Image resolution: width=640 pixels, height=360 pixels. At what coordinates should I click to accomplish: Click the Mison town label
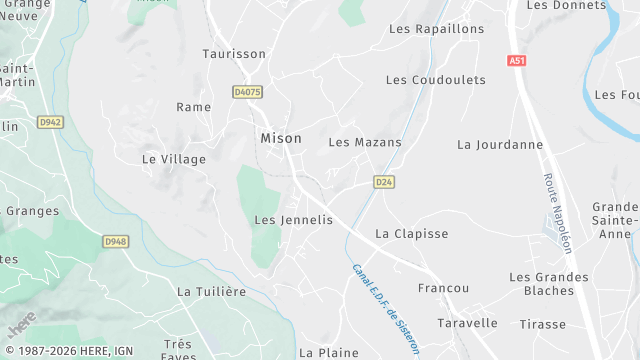pyautogui.click(x=281, y=139)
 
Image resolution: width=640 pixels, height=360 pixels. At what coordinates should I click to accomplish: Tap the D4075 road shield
pyautogui.click(x=247, y=92)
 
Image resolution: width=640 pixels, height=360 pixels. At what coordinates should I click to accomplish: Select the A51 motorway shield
pyautogui.click(x=516, y=61)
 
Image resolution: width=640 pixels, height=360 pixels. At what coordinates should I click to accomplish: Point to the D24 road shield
pyautogui.click(x=383, y=182)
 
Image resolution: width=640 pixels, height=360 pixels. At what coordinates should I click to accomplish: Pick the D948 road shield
pyautogui.click(x=116, y=241)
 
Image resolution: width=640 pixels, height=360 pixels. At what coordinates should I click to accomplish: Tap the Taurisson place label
pyautogui.click(x=234, y=54)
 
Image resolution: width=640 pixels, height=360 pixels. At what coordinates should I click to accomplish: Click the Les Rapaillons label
pyautogui.click(x=436, y=29)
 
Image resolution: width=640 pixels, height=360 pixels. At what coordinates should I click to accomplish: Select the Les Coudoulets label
pyautogui.click(x=435, y=79)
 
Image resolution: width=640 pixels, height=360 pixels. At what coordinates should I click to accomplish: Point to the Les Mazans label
pyautogui.click(x=365, y=142)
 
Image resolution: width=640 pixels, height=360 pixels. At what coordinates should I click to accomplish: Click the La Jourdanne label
pyautogui.click(x=500, y=144)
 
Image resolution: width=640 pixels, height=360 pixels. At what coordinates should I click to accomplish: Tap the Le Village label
pyautogui.click(x=174, y=159)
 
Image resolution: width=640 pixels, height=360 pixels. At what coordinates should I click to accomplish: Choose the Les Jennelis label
pyautogui.click(x=293, y=219)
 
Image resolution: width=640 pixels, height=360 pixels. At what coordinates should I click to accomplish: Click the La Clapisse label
pyautogui.click(x=412, y=233)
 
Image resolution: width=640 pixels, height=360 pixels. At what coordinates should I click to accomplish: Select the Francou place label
pyautogui.click(x=444, y=288)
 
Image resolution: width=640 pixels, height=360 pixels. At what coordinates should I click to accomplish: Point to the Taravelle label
pyautogui.click(x=467, y=323)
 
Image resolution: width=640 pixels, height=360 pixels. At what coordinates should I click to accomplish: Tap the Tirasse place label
pyautogui.click(x=543, y=324)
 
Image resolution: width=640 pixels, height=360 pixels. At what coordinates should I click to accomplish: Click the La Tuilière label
pyautogui.click(x=211, y=291)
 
